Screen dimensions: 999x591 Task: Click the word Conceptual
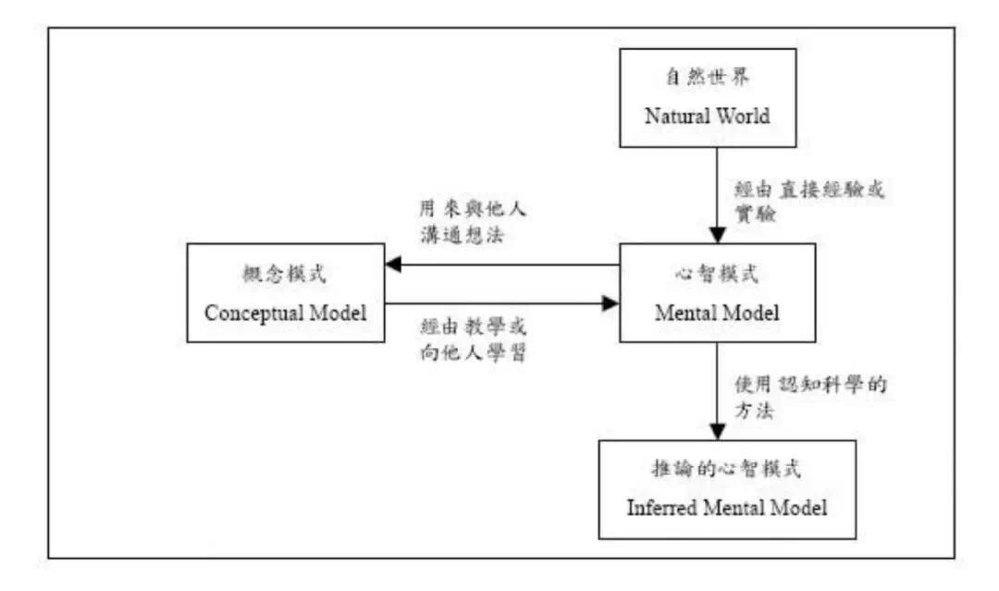click(253, 313)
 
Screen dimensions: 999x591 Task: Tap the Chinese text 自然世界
click(708, 77)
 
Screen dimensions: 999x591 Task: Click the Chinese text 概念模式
click(284, 274)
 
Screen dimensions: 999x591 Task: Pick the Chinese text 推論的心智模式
click(726, 469)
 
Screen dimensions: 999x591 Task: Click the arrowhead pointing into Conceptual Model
click(393, 265)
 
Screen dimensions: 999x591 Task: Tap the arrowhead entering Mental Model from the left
click(611, 303)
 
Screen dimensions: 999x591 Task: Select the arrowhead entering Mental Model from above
click(718, 235)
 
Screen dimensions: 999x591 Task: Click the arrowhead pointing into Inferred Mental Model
click(718, 432)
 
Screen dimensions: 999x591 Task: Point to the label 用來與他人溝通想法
click(473, 222)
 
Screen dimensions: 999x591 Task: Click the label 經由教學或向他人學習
click(474, 339)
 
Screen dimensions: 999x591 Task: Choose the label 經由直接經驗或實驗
click(809, 202)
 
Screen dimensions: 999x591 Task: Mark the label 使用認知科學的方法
click(810, 398)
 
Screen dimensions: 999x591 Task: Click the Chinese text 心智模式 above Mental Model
click(717, 274)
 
